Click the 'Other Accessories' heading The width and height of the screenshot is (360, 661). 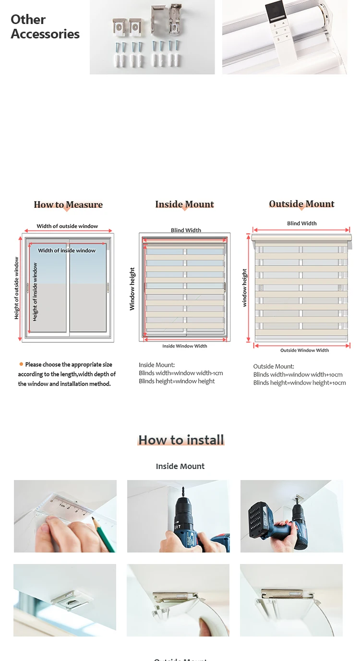tap(45, 27)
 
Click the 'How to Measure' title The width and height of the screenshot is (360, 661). tap(68, 205)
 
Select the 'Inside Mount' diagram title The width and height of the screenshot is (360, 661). tap(184, 204)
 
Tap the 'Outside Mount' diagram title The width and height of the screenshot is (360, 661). tap(301, 204)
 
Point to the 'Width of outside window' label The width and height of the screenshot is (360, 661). tap(67, 226)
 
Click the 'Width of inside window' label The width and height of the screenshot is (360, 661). tap(67, 251)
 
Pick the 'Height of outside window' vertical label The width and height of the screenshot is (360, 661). tap(17, 288)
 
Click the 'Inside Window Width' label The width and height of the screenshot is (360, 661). tap(184, 346)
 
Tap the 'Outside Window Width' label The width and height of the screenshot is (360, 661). tap(304, 350)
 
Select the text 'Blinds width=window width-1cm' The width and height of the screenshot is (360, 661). tap(180, 373)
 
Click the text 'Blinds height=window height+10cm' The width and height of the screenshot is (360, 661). tap(300, 383)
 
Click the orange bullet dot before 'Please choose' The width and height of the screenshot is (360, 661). tap(21, 364)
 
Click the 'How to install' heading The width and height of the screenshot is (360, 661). tap(181, 440)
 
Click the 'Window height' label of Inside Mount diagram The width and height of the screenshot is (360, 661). tap(132, 288)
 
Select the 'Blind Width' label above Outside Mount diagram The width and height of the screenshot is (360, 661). tap(301, 223)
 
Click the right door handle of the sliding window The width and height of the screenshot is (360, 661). tap(108, 287)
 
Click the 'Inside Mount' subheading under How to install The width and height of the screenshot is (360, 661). tap(180, 466)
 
